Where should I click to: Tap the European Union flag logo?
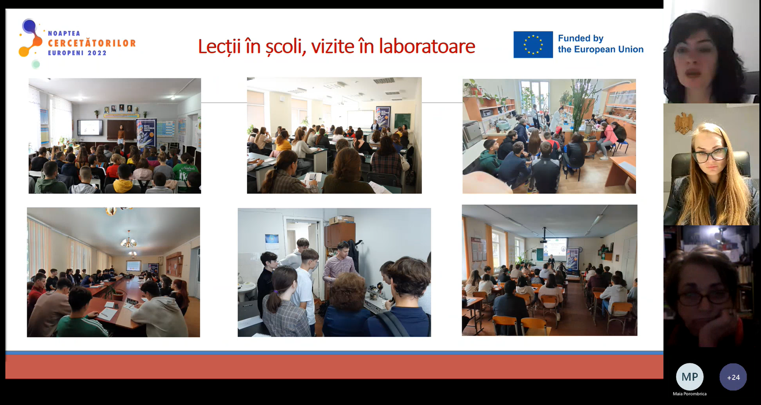(533, 45)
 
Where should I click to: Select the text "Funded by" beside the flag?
(580, 38)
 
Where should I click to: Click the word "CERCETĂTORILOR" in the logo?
(92, 43)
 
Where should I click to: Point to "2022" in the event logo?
(97, 53)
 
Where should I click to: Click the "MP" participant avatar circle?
(690, 377)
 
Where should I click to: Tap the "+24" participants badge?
(733, 377)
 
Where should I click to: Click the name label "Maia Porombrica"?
(690, 394)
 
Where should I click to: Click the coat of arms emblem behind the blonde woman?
(683, 122)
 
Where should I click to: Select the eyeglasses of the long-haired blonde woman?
(710, 155)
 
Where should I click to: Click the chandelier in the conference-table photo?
(129, 241)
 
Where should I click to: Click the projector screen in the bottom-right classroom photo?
(555, 248)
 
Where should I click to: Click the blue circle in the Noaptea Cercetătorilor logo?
(29, 26)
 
